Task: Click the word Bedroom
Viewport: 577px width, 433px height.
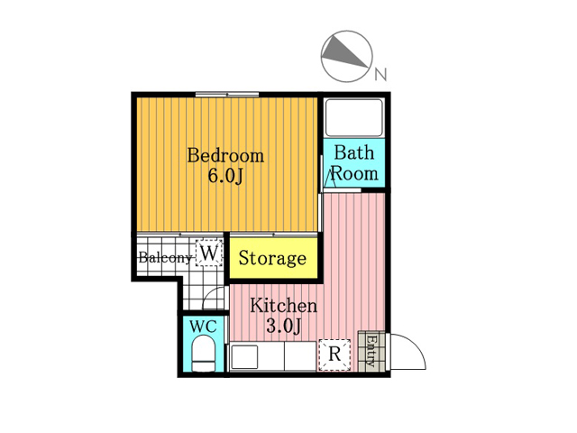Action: pos(225,155)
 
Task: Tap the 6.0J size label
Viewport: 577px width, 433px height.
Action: pos(225,177)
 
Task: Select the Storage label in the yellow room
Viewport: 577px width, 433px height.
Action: pos(272,259)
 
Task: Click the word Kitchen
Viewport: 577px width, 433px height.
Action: pos(283,306)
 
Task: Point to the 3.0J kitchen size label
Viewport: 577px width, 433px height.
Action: pos(284,326)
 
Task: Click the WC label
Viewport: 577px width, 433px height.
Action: pos(203,327)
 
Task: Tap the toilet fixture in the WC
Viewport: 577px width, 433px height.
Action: pos(204,354)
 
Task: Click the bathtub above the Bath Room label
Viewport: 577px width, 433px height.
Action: pos(354,117)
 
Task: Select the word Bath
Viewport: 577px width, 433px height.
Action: pos(354,152)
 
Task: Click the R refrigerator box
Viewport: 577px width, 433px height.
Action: pos(334,355)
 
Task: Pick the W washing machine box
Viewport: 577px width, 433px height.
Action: pos(209,253)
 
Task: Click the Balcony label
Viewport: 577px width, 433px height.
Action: pos(165,257)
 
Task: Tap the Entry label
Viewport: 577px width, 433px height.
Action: pos(371,351)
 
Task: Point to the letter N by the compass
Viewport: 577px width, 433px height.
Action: pos(380,74)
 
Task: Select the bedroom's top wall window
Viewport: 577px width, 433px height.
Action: pos(227,94)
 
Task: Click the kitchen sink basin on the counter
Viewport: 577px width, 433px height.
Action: pos(243,357)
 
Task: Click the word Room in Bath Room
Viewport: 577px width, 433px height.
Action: pos(354,174)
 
